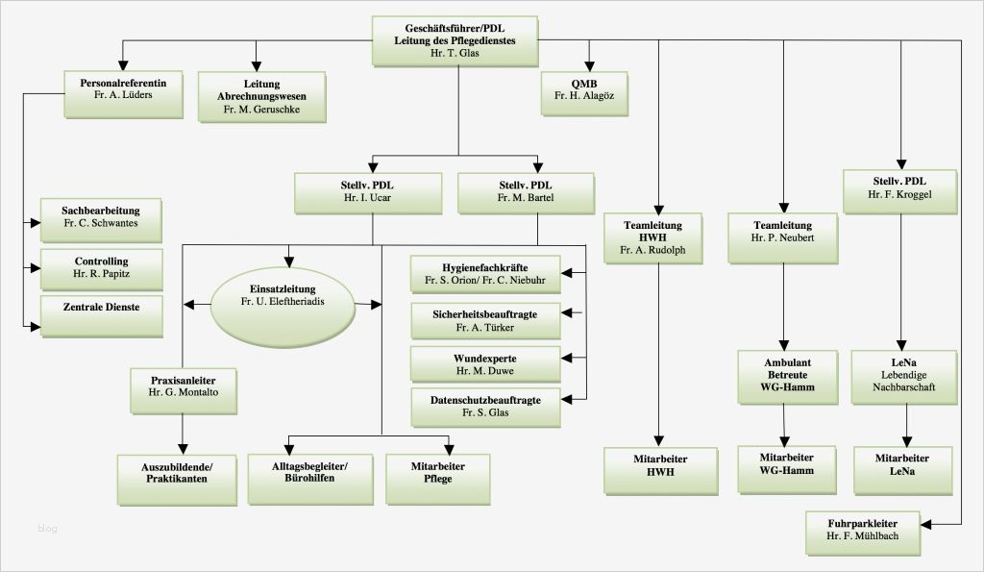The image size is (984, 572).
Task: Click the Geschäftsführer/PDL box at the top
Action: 455,40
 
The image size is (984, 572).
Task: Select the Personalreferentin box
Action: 123,94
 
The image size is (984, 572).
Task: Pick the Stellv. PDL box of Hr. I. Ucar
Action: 368,191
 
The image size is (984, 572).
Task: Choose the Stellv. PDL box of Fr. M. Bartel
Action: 525,191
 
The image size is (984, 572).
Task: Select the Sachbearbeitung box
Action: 101,219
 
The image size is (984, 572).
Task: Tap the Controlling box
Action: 101,266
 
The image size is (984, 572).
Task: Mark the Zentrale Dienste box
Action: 101,314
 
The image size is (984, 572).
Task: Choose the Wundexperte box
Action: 485,364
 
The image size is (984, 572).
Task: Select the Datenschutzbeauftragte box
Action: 485,407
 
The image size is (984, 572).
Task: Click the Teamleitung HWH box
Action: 660,238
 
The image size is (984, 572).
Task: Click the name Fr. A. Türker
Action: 485,328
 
